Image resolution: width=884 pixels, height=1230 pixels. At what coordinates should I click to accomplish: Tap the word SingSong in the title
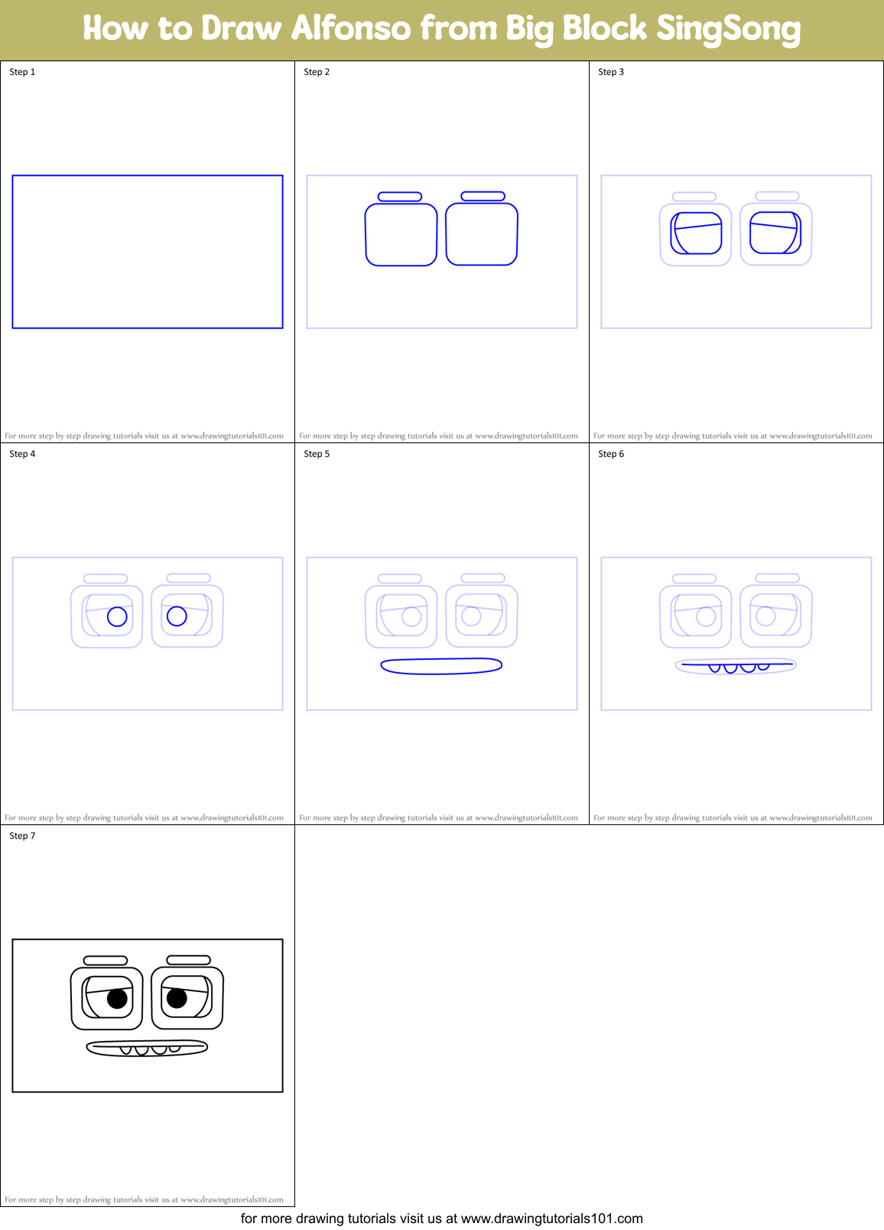pos(728,29)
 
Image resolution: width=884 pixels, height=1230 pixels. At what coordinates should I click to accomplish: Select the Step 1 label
pos(22,72)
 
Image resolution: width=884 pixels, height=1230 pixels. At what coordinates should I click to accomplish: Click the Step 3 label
pos(611,72)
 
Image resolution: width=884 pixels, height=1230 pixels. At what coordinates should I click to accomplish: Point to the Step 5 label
pos(317,454)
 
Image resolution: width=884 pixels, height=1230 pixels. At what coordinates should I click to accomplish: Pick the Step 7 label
pos(22,836)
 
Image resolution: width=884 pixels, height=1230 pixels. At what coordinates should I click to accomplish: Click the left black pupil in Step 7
pos(117,998)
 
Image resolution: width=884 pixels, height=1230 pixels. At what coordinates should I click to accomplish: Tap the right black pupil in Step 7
pos(177,998)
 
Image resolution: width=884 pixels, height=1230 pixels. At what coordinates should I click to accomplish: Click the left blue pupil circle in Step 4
pos(117,616)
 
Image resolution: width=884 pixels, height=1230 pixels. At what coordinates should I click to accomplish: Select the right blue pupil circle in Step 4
pos(177,616)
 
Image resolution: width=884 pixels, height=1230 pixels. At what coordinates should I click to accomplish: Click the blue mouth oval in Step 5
pos(441,666)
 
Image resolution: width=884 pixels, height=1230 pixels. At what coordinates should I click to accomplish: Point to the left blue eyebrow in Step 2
pos(400,197)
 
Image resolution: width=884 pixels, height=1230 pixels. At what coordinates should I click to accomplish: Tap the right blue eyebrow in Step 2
pos(483,197)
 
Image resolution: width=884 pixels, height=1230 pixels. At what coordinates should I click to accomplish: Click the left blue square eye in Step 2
pos(401,235)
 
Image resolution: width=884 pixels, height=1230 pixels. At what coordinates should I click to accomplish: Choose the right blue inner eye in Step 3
pos(775,233)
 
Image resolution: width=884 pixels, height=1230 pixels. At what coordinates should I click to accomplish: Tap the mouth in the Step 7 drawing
pos(147,1048)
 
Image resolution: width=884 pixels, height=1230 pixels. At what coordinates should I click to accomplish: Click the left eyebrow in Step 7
pos(106,961)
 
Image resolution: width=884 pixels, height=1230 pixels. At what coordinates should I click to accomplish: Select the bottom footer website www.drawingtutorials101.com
pos(551,1219)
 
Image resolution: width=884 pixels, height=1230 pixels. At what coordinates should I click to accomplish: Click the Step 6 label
pos(611,454)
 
